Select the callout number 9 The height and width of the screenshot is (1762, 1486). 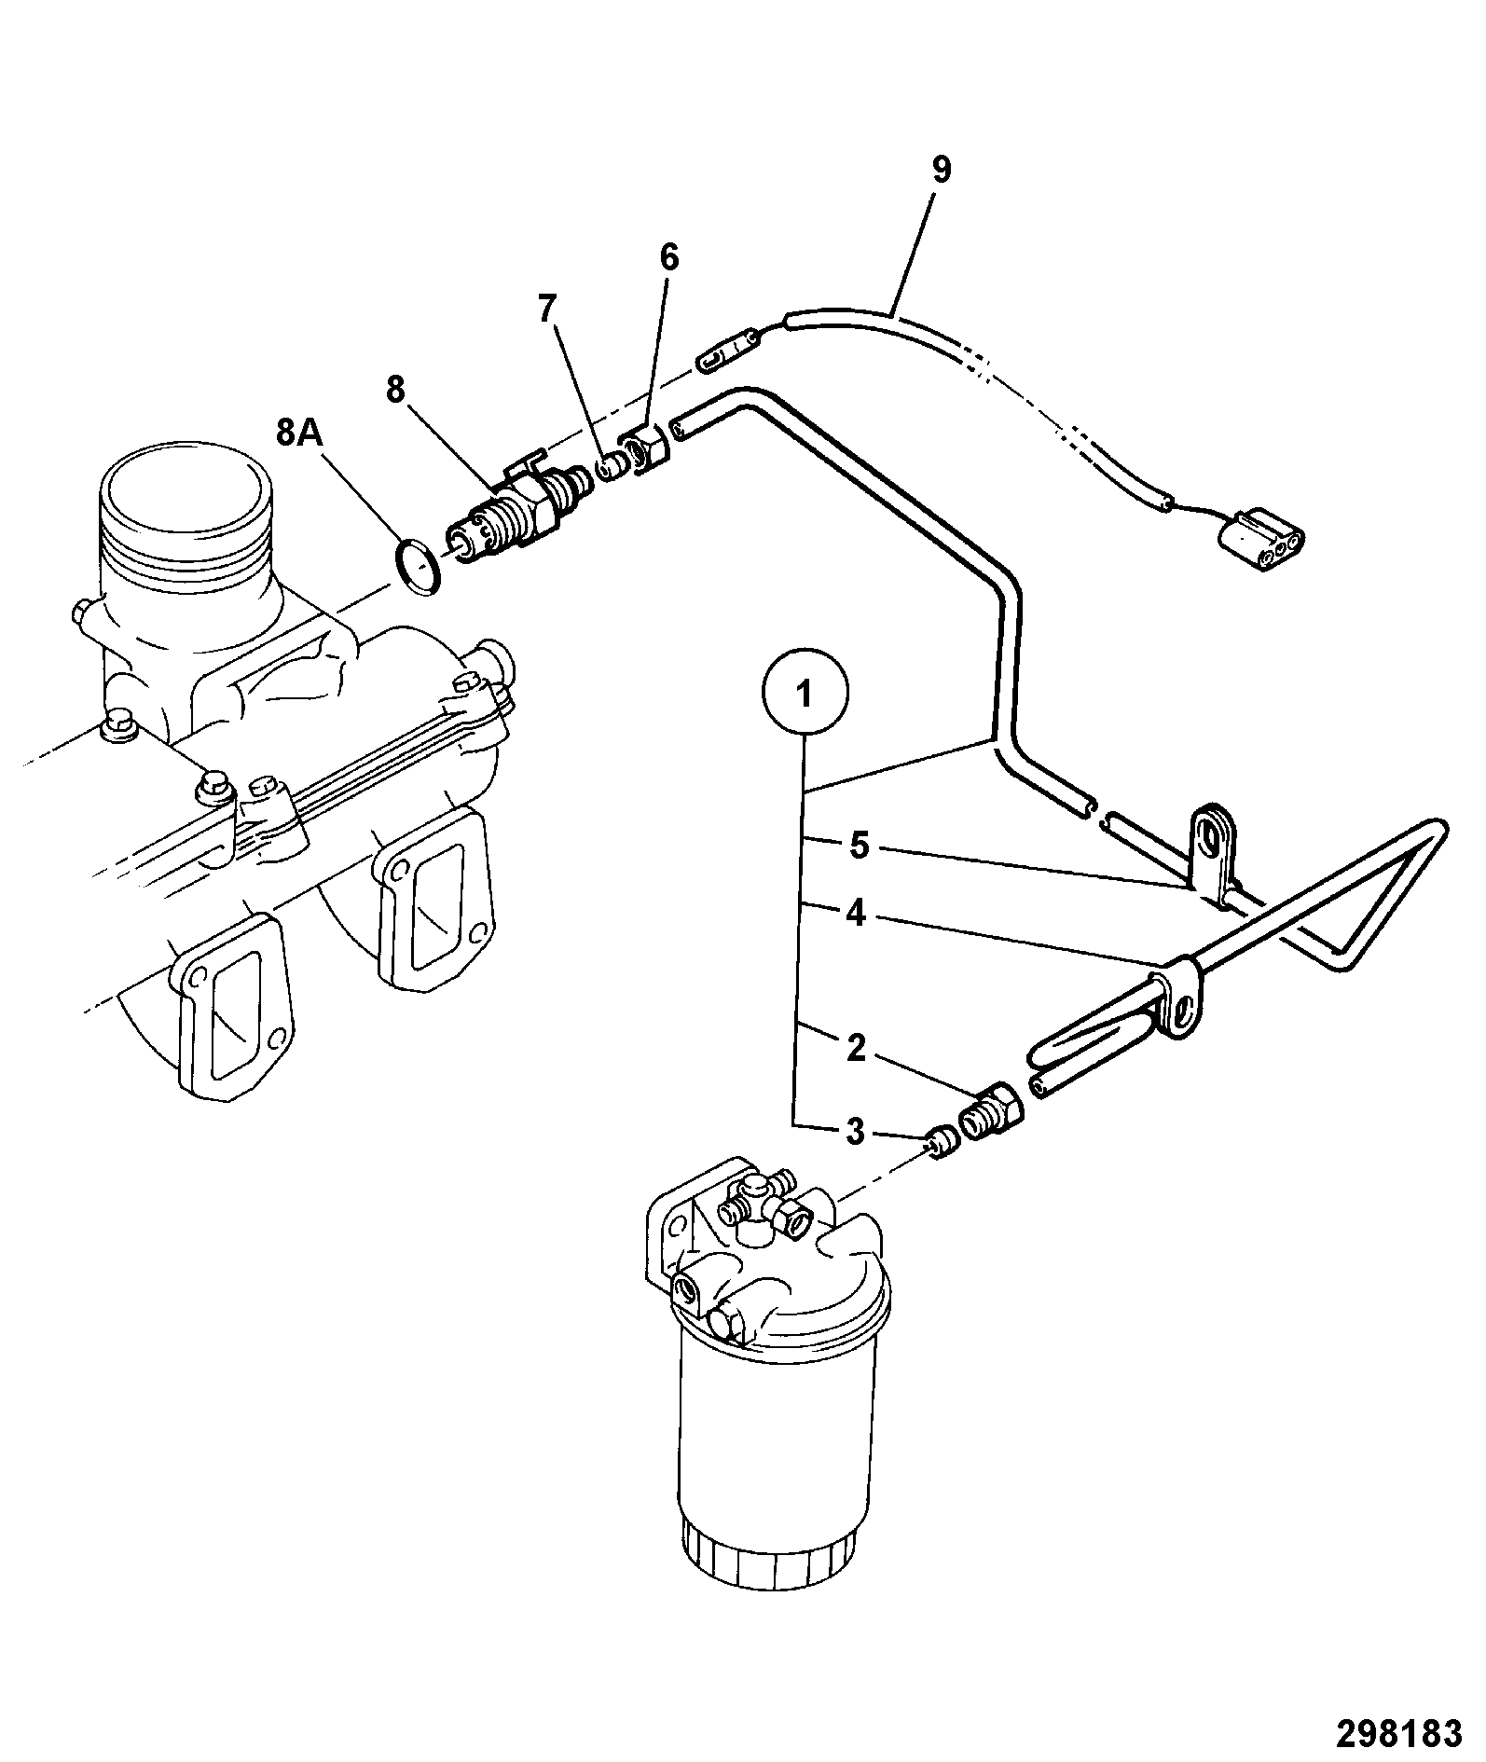941,170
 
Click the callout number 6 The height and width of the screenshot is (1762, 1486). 670,258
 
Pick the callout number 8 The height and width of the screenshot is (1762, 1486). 396,390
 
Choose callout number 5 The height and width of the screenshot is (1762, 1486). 860,846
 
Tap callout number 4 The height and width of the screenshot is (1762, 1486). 856,914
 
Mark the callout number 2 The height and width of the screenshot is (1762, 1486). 856,1047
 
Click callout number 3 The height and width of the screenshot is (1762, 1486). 855,1133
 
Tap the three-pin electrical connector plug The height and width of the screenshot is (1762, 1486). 1259,537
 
